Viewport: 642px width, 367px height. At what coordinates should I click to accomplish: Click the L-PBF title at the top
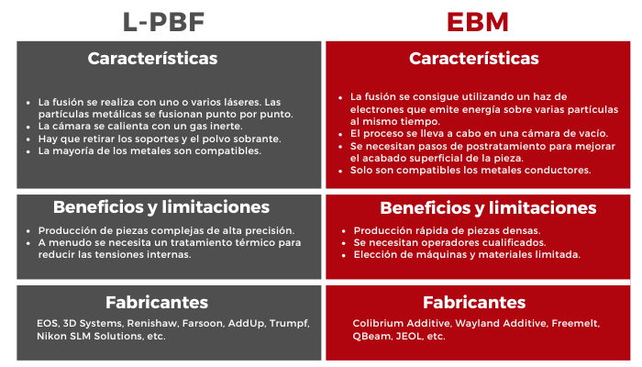point(164,22)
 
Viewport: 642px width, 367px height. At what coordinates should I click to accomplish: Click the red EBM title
point(478,22)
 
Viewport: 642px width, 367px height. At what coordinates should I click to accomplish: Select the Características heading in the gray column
point(152,59)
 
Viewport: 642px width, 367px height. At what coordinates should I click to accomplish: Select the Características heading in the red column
point(474,59)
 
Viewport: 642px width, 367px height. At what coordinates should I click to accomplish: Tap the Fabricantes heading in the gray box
point(157,303)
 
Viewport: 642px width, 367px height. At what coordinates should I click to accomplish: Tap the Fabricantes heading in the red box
point(474,303)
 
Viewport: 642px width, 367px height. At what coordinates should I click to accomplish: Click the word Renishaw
point(152,323)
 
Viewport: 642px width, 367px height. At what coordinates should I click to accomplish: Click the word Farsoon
point(203,323)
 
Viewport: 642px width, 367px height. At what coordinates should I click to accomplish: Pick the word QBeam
point(372,337)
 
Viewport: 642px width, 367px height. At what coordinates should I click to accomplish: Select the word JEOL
point(409,337)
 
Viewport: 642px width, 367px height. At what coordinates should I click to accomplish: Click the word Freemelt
point(576,323)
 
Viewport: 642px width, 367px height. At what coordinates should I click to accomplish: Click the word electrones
point(373,109)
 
